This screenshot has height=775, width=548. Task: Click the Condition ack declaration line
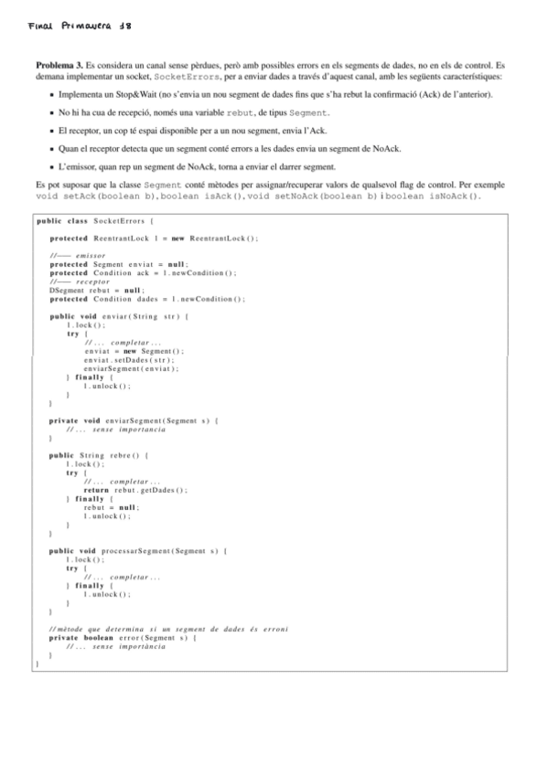coord(142,273)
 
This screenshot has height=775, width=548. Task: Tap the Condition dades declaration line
coord(146,300)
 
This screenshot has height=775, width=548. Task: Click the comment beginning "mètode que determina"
coord(169,630)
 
